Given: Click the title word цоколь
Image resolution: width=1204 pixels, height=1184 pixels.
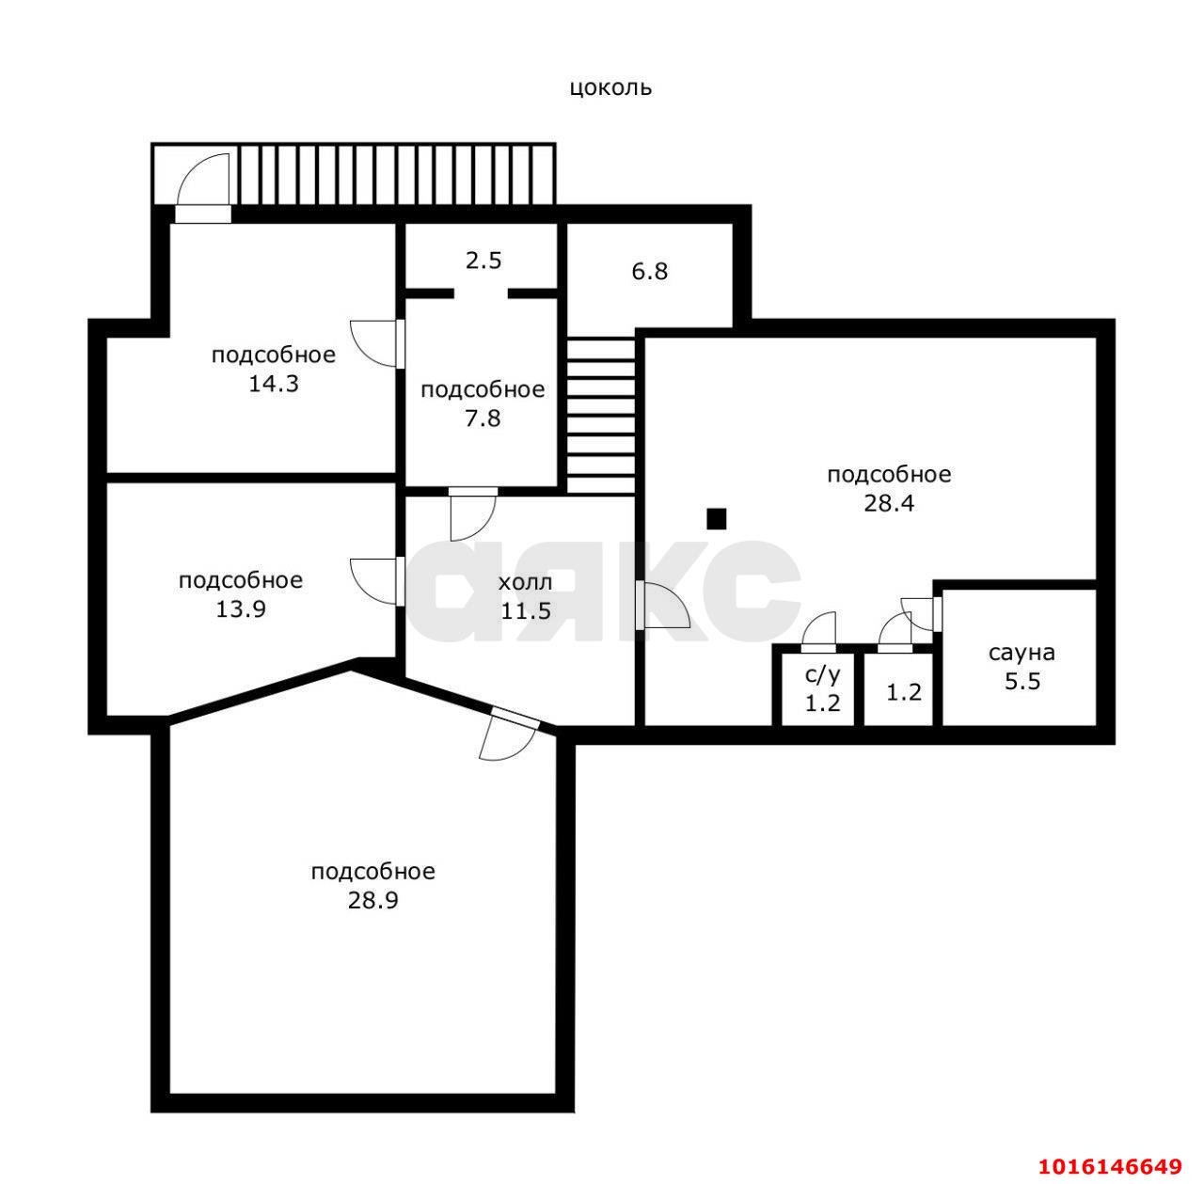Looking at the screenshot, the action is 610,88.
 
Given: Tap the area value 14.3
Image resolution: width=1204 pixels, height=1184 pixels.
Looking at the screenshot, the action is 274,384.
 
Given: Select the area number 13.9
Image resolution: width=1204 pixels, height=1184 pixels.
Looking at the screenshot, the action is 241,609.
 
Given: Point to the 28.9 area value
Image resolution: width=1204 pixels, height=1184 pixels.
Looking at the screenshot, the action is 373,900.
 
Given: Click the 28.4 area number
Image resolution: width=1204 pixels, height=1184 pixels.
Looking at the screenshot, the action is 889,503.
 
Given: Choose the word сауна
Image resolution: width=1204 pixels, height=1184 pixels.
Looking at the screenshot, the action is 1022,653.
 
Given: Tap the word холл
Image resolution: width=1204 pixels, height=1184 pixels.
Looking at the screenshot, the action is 526,582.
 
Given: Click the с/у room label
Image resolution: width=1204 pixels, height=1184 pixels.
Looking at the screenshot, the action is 823,675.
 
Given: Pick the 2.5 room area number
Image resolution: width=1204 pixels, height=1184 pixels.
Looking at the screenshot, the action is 483,260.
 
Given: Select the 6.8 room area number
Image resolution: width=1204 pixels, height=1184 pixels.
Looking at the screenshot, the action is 650,272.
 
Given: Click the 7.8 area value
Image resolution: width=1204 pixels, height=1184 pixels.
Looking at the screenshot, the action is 483,418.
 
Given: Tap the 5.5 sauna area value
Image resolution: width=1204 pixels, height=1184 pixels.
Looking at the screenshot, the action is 1022,681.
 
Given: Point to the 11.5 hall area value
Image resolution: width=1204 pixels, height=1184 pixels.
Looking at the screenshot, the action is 526,610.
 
